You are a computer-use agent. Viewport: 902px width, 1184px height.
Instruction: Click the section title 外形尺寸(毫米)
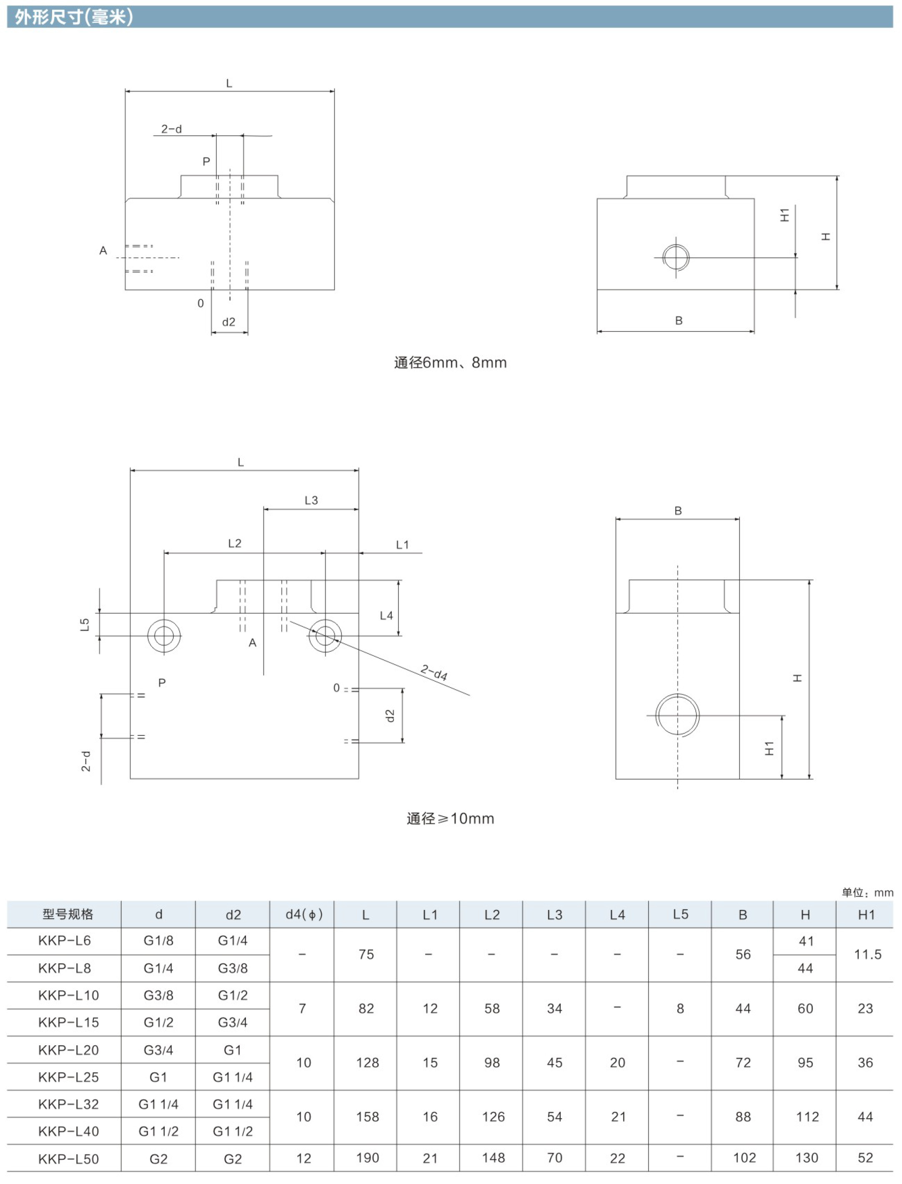73,17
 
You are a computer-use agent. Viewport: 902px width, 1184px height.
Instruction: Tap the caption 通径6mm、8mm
450,363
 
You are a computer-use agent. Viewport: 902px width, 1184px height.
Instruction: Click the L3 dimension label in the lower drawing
311,500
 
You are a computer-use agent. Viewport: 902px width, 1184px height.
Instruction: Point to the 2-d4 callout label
434,672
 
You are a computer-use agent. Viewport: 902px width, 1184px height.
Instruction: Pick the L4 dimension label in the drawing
386,616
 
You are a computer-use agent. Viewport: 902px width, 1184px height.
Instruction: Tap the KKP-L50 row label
68,1159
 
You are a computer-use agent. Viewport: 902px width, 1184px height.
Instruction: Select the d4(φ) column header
304,914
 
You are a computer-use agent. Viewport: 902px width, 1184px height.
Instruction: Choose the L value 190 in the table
367,1158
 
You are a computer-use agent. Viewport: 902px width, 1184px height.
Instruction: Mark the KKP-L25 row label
68,1077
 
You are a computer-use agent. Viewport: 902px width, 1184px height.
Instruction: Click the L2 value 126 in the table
493,1117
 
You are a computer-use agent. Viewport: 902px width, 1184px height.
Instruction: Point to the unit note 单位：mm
867,892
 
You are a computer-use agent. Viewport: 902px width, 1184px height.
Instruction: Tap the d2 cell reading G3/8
233,968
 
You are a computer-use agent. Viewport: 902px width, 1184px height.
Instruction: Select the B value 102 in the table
744,1158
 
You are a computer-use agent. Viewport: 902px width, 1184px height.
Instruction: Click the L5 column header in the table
680,914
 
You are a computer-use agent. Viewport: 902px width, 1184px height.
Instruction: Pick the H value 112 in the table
807,1117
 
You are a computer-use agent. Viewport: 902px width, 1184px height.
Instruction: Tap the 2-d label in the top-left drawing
171,129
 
